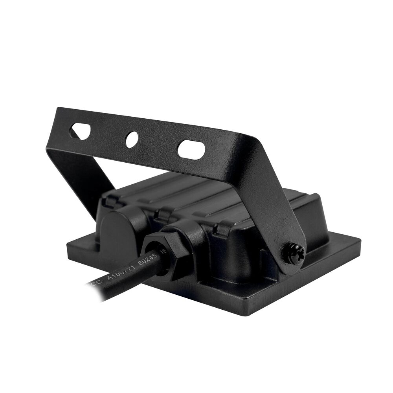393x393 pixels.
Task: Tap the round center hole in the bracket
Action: click(x=132, y=140)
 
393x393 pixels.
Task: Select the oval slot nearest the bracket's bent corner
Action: click(x=191, y=149)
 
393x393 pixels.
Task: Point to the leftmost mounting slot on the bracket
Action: click(x=81, y=131)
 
